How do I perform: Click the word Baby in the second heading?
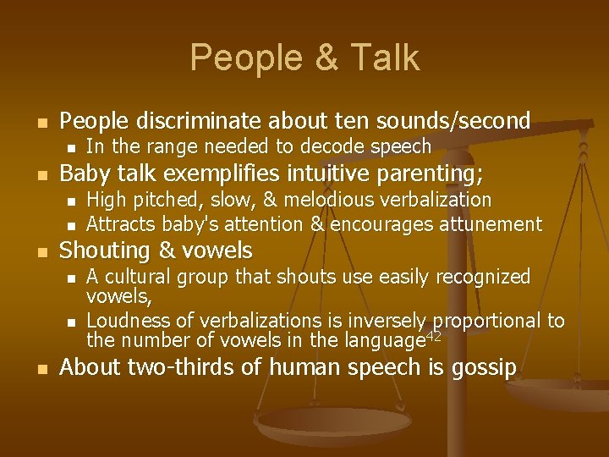point(83,174)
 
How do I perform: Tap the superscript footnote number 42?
point(432,336)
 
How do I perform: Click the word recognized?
point(483,277)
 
